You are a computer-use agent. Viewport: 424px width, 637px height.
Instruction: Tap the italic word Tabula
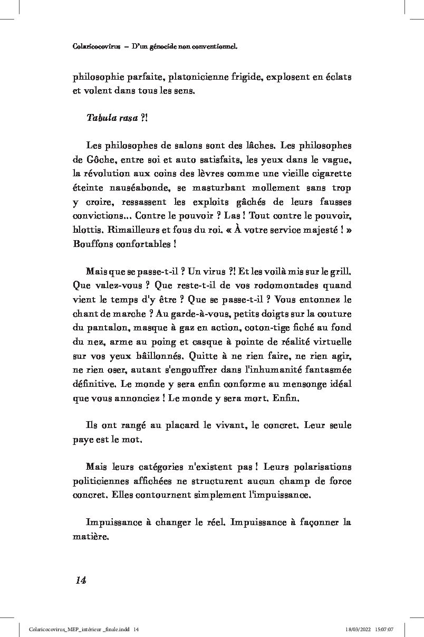pyautogui.click(x=101, y=118)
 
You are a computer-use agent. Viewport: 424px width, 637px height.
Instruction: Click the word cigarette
pyautogui.click(x=327, y=173)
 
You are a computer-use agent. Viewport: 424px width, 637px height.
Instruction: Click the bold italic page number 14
pyautogui.click(x=80, y=580)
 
